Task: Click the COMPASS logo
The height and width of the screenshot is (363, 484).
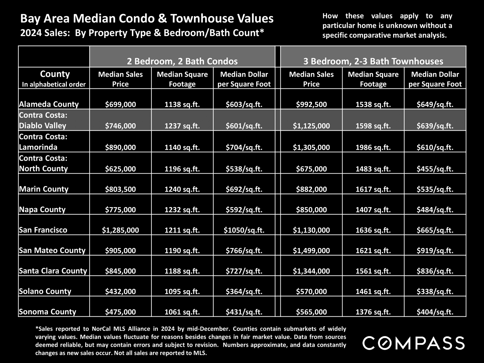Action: (413, 343)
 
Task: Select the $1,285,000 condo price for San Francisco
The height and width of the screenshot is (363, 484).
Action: (120, 230)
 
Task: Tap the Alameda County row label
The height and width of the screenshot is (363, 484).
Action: (49, 104)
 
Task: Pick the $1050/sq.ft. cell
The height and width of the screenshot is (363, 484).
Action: (244, 230)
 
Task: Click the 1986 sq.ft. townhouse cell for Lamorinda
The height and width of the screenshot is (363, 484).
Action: (373, 147)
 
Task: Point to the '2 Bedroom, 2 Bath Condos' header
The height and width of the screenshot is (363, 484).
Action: (182, 61)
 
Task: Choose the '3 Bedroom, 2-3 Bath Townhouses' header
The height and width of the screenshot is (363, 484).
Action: (373, 61)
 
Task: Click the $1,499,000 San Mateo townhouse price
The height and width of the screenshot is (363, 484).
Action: (311, 251)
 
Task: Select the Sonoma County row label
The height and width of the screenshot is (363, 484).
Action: (48, 312)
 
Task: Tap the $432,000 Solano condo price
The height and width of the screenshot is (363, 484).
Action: (120, 291)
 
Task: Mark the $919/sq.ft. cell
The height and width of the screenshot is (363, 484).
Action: (435, 251)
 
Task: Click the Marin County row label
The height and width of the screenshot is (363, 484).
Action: (44, 189)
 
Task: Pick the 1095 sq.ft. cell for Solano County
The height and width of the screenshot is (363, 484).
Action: (182, 291)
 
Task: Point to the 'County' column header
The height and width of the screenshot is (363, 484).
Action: (55, 74)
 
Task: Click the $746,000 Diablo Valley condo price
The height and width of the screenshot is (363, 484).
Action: (120, 126)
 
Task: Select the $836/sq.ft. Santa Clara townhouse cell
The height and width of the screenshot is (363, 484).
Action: (435, 271)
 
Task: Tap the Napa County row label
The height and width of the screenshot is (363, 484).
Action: (42, 209)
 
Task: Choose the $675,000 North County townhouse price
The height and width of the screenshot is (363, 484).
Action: (311, 169)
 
